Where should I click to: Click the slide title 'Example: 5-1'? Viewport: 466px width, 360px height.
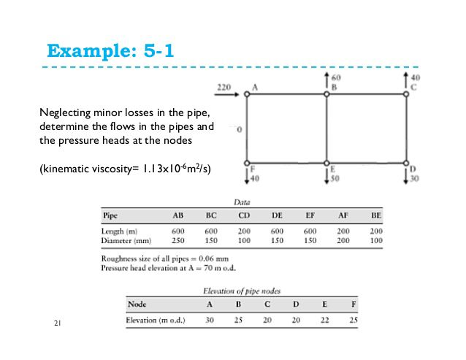point(110,51)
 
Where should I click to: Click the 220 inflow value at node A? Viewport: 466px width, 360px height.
point(224,88)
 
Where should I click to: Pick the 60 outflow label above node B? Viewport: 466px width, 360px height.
point(336,76)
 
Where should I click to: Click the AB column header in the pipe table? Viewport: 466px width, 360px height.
point(177,216)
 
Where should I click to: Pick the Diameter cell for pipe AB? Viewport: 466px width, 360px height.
point(177,240)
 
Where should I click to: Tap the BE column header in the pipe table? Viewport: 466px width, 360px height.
point(376,216)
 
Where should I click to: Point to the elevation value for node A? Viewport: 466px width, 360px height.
point(210,320)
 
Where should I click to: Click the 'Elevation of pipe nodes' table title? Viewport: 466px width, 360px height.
point(242,291)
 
